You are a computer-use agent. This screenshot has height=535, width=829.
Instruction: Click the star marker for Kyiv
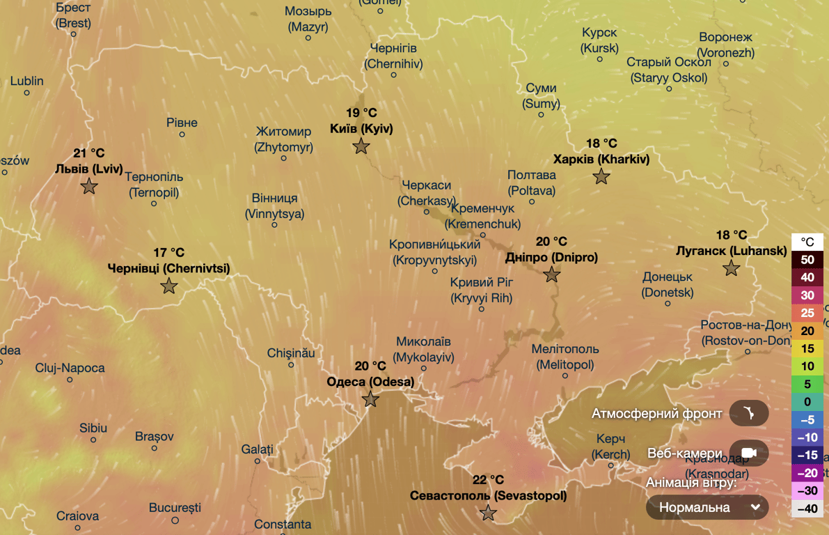[361, 146]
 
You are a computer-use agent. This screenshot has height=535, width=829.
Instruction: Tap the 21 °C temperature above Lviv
[88, 153]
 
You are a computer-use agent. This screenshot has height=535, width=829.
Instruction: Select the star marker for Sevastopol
[488, 513]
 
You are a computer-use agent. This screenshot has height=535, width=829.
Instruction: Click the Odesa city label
[370, 382]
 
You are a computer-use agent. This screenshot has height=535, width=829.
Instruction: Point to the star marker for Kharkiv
[601, 177]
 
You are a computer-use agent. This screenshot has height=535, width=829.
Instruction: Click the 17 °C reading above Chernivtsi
[169, 253]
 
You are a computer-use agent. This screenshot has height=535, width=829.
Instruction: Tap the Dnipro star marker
[551, 274]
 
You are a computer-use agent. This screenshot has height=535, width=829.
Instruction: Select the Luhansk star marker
[731, 268]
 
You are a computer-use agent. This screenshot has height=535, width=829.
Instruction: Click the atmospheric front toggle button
[749, 414]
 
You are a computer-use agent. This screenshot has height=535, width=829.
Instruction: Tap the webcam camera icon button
[749, 453]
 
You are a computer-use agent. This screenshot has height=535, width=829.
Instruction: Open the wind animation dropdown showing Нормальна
[707, 507]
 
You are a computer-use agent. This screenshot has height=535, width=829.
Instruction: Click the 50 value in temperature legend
[807, 260]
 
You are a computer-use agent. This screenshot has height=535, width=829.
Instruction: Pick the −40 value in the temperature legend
[807, 509]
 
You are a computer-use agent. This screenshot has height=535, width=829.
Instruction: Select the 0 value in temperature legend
[807, 402]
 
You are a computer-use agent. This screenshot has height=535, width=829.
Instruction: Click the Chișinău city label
[291, 353]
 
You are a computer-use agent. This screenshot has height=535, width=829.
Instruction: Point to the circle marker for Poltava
[532, 202]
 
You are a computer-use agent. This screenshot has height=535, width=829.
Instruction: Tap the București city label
[175, 508]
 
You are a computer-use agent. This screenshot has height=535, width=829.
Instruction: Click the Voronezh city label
[726, 45]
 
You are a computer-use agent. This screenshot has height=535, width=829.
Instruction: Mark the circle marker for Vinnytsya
[275, 225]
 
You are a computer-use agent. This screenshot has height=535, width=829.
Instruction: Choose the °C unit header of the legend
[807, 242]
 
